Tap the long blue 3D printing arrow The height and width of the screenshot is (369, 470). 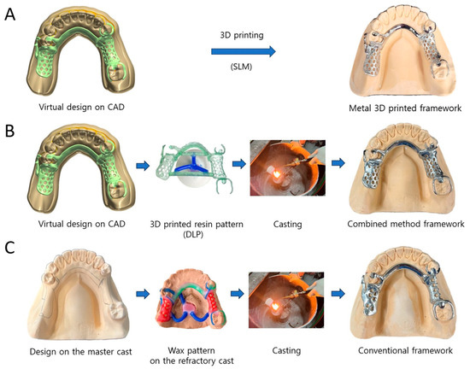coord(244,52)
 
